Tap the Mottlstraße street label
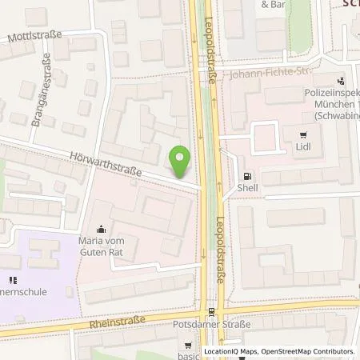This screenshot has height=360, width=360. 35,37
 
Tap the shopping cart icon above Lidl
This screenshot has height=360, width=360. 303,135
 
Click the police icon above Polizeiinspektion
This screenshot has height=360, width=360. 342,81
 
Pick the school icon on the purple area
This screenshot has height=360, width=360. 12,280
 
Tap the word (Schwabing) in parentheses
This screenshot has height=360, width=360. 336,116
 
